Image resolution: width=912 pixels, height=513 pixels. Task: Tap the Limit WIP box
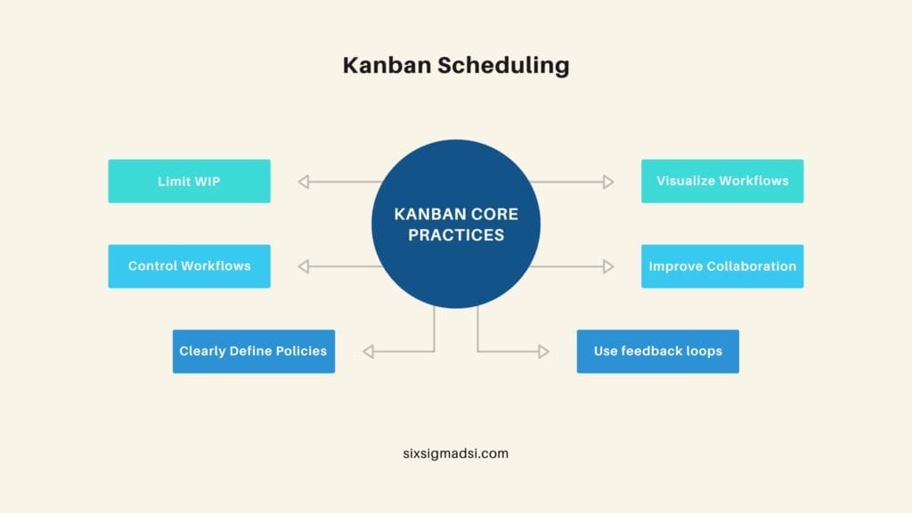pos(189,181)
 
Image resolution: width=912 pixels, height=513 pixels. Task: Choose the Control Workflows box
pos(189,265)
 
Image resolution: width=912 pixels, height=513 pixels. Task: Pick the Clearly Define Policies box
pos(253,351)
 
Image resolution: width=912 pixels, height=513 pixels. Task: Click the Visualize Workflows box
pos(722,181)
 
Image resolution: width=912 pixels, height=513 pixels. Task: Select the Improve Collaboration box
pos(722,265)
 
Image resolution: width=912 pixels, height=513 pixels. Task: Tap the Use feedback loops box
pos(657,351)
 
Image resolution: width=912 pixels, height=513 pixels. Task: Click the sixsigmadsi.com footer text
pos(455,452)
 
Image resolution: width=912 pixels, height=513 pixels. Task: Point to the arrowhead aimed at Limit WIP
pos(303,182)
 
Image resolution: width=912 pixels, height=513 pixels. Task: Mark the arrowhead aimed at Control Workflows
pos(303,266)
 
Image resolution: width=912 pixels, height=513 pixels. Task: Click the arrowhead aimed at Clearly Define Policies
pos(368,352)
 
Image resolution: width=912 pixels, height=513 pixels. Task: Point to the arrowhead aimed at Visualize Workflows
pos(608,182)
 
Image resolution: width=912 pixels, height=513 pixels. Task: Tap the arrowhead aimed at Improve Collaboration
pos(608,266)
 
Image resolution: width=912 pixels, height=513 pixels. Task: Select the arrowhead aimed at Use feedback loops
pos(543,352)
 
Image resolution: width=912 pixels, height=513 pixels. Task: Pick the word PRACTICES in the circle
pos(456,235)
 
